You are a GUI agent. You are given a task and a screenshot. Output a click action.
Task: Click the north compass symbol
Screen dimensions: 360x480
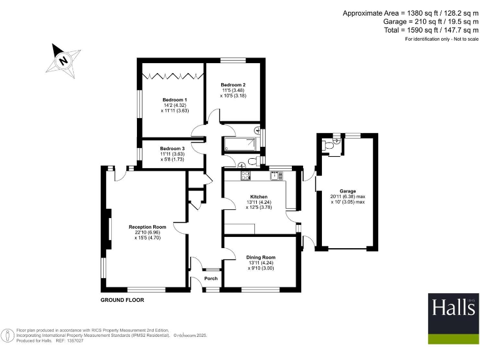63,61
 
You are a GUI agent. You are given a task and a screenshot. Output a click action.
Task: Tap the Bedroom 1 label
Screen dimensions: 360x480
175,100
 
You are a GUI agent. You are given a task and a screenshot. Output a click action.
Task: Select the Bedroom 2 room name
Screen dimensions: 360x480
232,85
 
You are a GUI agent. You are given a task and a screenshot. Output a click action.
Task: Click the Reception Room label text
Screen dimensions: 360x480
147,227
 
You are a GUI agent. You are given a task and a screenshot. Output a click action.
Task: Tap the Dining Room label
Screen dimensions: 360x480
260,257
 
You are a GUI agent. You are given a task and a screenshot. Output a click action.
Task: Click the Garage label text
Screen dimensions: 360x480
347,191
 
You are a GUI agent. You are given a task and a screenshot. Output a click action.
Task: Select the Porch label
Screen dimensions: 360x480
211,279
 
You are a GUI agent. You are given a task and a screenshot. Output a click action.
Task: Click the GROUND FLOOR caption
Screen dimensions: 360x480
122,301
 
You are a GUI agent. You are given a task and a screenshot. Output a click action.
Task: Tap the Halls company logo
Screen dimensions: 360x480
453,318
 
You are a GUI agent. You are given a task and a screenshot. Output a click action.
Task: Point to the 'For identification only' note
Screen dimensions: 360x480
441,39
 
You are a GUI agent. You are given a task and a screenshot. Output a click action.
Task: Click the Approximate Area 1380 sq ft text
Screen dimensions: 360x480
411,12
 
